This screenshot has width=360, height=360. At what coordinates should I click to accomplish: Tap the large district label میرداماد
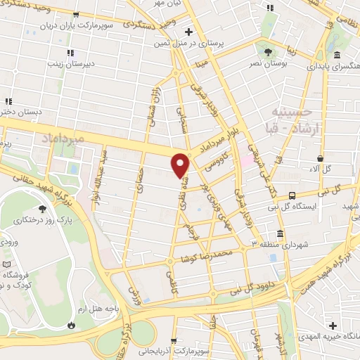[63, 136]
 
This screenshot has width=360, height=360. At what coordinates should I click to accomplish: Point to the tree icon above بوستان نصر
[267, 52]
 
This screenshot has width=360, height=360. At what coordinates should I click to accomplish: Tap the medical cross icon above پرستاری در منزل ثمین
[188, 32]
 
